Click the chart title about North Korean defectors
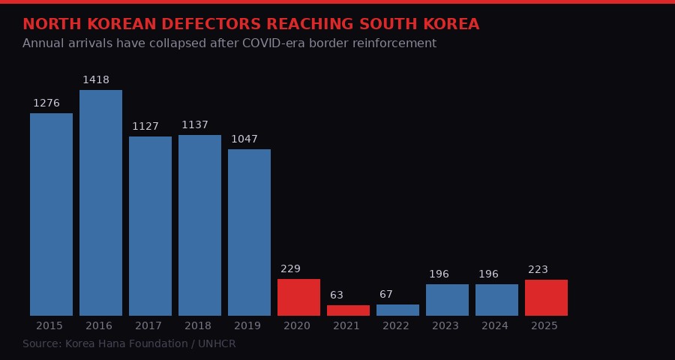(250, 25)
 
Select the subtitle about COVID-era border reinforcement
(229, 43)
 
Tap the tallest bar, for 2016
(100, 202)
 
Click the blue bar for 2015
(51, 214)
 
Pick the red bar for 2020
(298, 297)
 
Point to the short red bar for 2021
(348, 310)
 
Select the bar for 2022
(397, 310)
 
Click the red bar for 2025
(546, 298)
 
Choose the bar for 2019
(249, 232)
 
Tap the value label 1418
(96, 80)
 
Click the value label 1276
(46, 103)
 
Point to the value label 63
(337, 295)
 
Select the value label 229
(290, 269)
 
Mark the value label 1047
(244, 139)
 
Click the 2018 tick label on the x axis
(198, 326)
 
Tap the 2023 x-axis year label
(445, 326)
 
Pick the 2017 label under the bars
(148, 326)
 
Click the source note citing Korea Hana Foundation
(129, 344)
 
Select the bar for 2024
(496, 300)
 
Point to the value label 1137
(195, 125)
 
